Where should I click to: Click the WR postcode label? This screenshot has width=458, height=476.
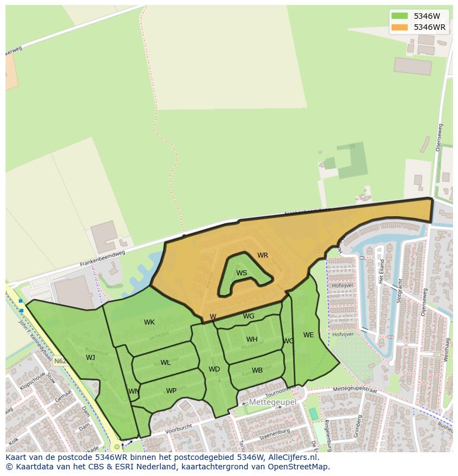[262, 255]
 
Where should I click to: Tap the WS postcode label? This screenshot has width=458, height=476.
[242, 273]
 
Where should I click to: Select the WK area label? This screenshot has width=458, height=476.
[149, 322]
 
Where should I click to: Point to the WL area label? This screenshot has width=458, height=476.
[165, 363]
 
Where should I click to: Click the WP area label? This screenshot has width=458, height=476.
[171, 391]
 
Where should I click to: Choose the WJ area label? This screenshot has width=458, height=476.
[91, 358]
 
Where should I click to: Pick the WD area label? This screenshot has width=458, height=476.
[214, 369]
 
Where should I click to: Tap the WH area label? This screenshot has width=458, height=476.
[252, 339]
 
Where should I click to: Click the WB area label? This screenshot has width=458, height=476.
[257, 370]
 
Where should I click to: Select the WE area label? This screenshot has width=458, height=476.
[308, 335]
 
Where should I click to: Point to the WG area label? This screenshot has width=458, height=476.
[249, 316]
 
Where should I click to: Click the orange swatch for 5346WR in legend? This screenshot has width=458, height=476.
[399, 27]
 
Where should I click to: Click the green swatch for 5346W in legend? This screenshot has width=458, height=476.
[399, 16]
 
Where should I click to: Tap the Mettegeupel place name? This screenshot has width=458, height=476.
[272, 402]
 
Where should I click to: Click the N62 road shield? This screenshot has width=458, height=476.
[60, 361]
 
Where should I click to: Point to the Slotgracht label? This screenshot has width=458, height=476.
[399, 289]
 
